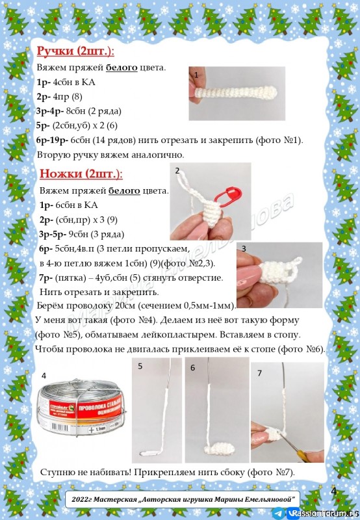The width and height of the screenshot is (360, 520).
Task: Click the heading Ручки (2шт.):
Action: point(75,51)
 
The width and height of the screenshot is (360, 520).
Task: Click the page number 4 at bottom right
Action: point(334,491)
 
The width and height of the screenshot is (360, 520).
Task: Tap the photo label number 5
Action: point(140,367)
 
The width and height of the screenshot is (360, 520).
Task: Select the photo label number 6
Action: point(192,367)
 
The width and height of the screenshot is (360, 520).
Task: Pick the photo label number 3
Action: point(243,248)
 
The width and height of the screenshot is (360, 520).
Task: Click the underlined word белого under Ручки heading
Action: point(122,68)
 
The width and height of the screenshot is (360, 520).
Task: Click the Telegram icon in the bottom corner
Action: point(278,513)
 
